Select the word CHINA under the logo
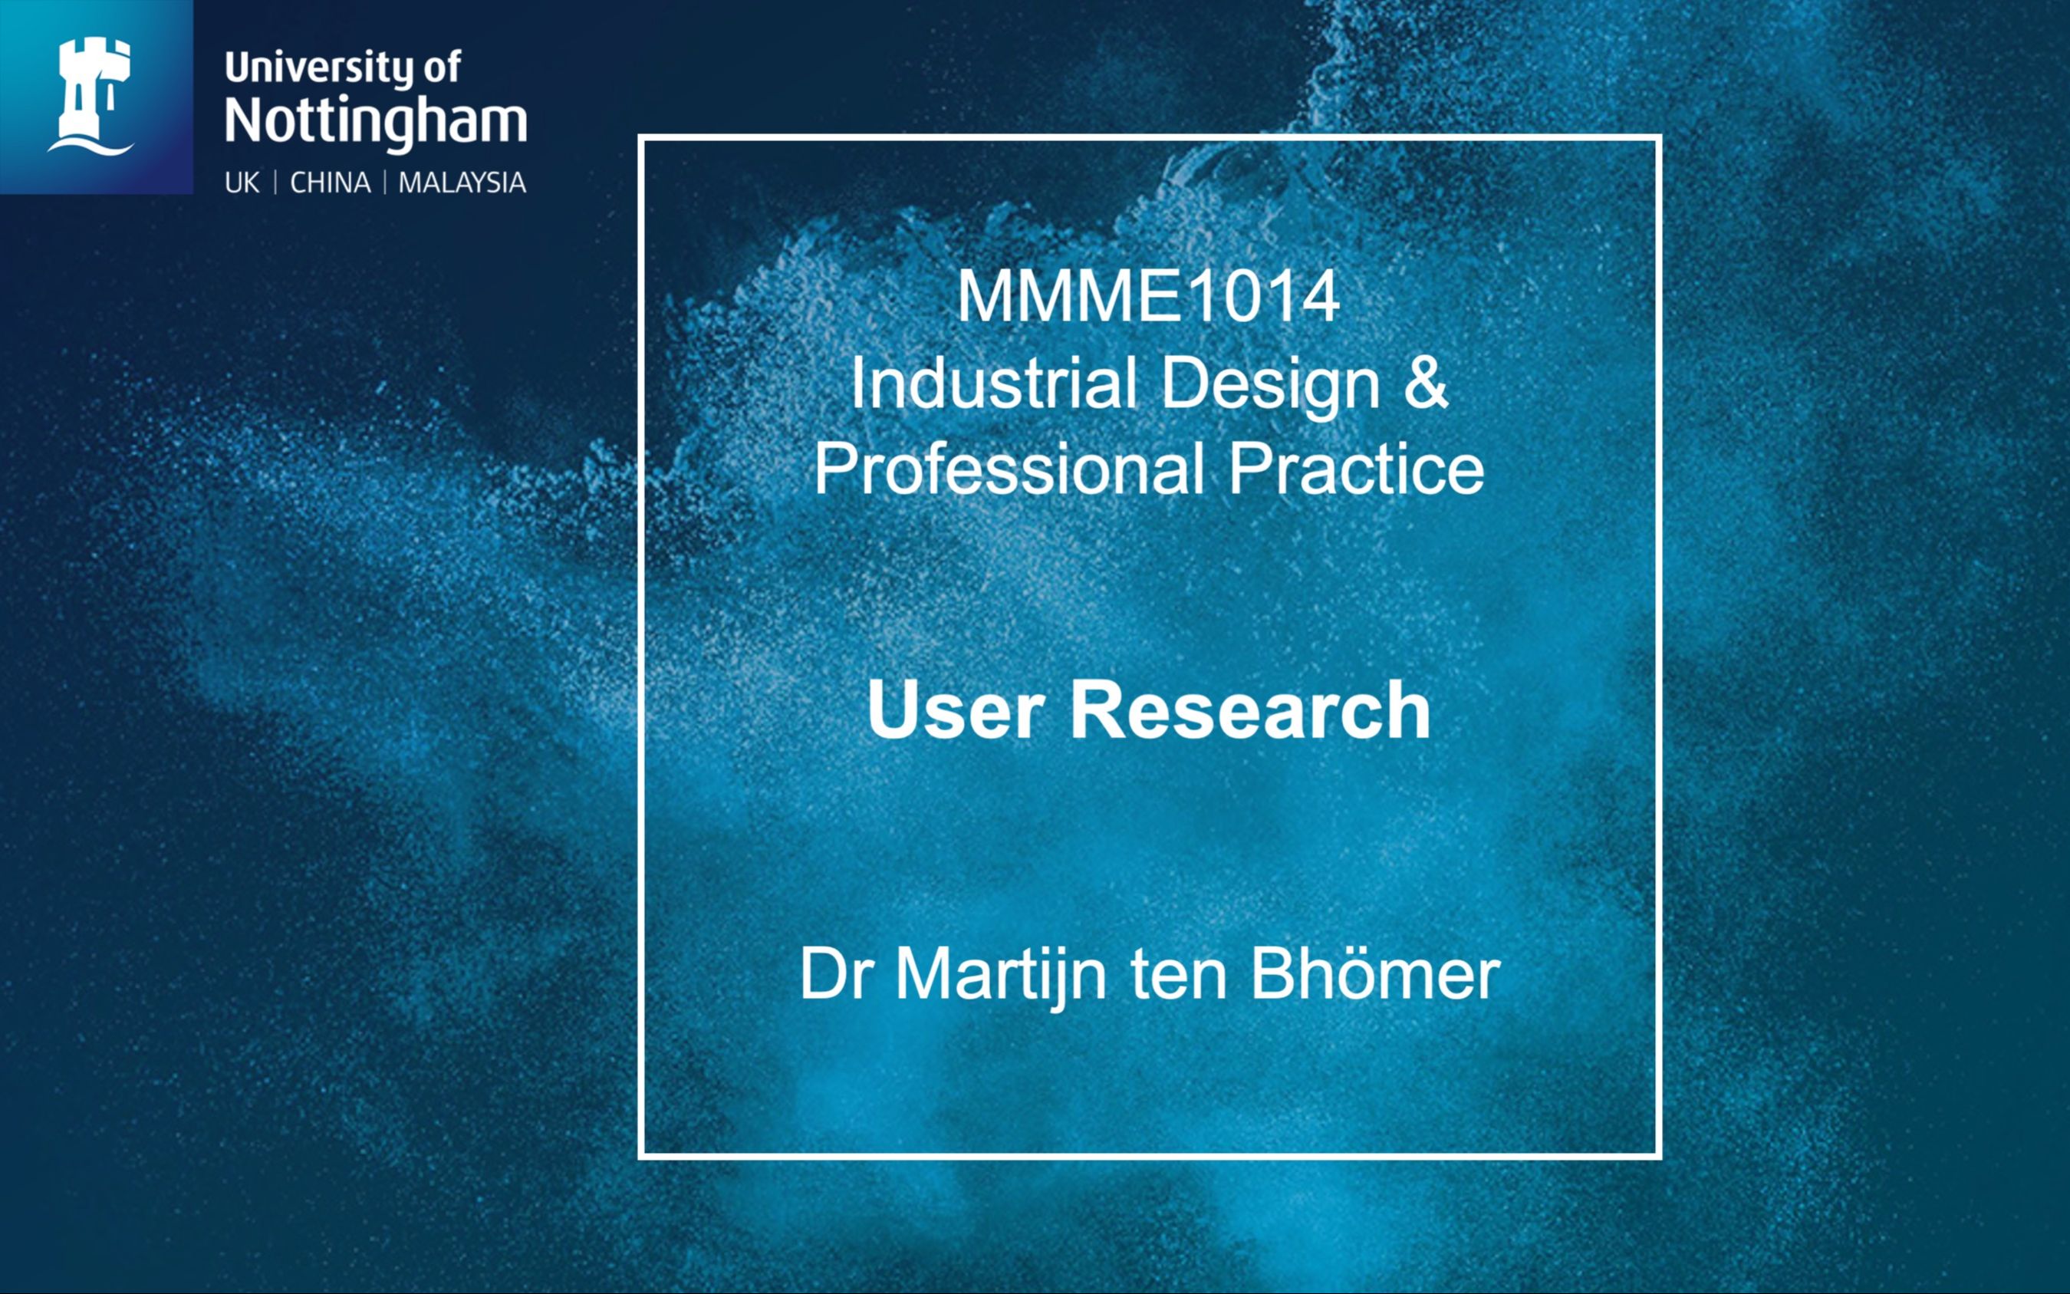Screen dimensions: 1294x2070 click(331, 183)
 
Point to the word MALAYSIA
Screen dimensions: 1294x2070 click(462, 183)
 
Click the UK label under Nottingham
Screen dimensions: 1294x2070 click(242, 183)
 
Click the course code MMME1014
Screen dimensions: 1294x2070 click(1147, 296)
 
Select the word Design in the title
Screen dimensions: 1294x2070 click(1271, 384)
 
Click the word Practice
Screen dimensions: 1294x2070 click(1356, 469)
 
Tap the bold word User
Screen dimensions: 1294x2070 click(956, 710)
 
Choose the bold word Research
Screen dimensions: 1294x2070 click(1250, 710)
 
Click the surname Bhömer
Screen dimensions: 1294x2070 click(1375, 974)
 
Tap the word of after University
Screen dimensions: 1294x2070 click(442, 68)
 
